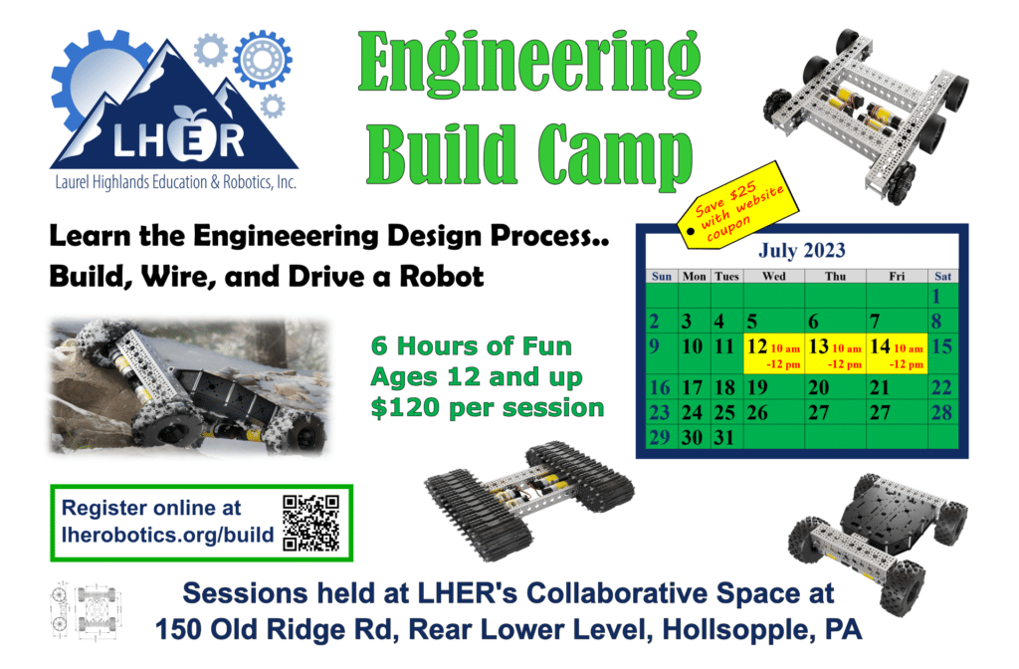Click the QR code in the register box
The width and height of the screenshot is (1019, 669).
tap(311, 523)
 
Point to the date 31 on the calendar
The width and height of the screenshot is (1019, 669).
tap(725, 438)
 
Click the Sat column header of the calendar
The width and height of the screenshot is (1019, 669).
tap(942, 276)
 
